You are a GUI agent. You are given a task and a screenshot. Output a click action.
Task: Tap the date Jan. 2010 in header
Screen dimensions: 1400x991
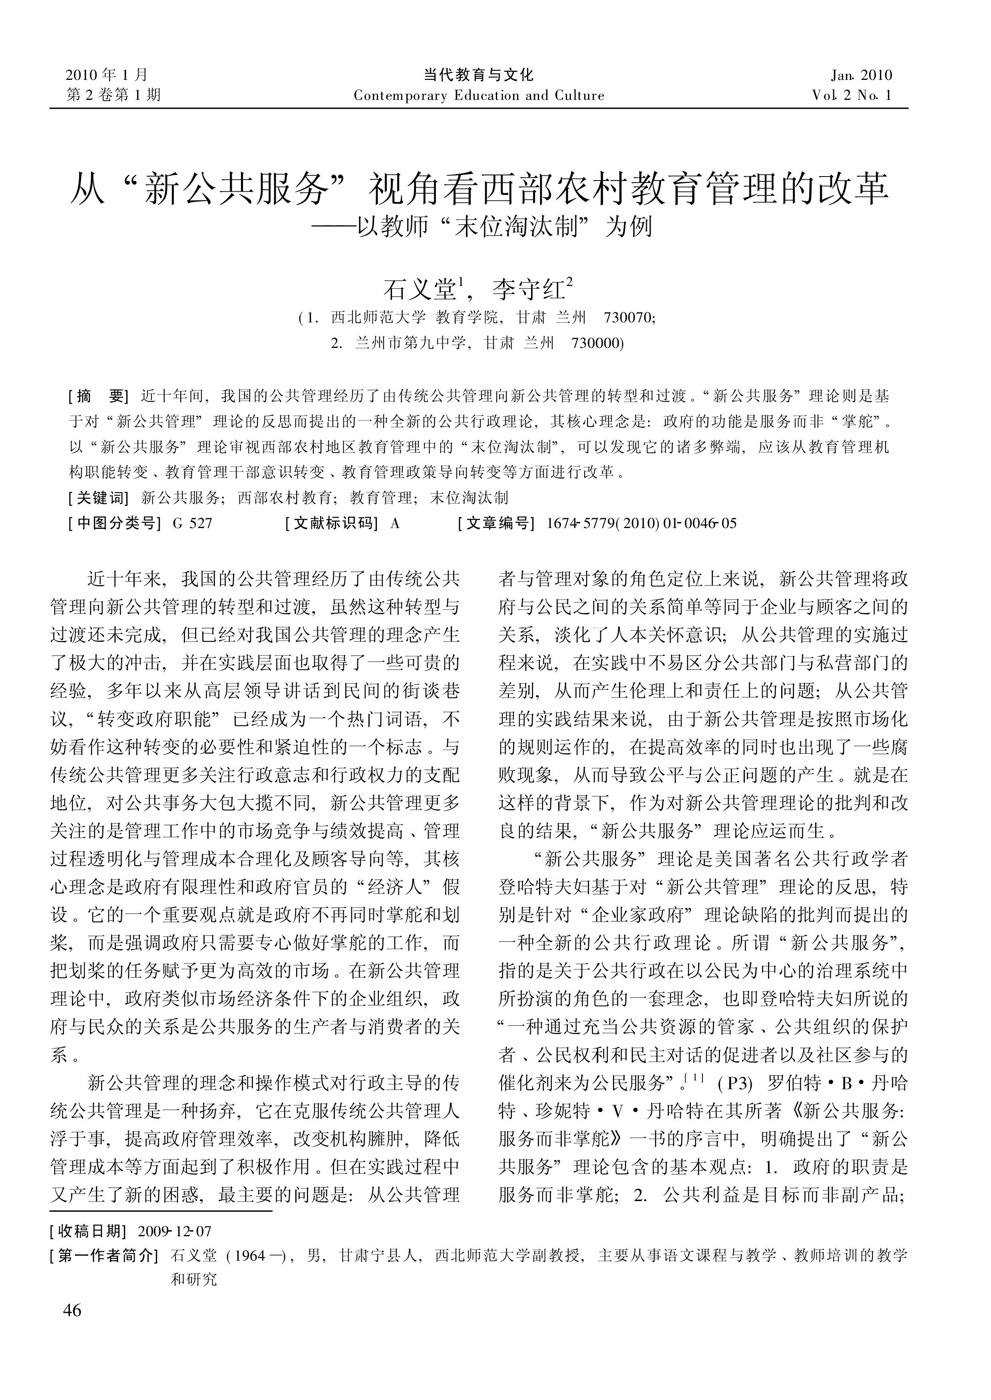coord(861,75)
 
